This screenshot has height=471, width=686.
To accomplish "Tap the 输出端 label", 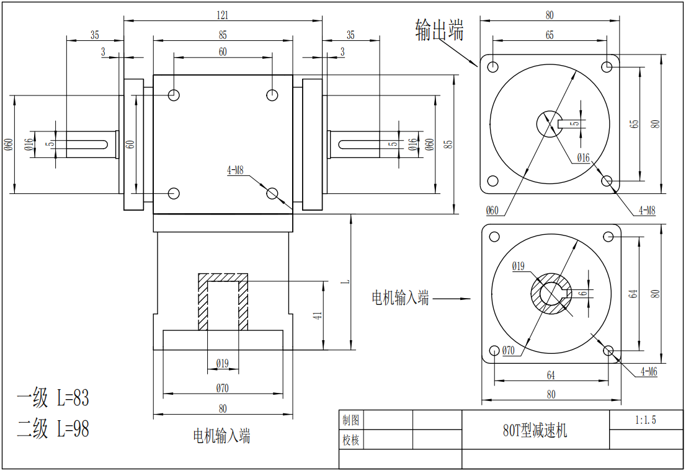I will pos(439,30).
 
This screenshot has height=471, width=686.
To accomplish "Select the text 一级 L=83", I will pos(53,398).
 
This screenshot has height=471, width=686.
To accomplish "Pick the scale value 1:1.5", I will pos(646,420).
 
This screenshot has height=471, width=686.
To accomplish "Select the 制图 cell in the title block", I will pos(351,420).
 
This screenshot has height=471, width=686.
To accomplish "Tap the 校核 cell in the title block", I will pos(351,440).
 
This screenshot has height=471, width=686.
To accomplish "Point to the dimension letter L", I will pos(346,280).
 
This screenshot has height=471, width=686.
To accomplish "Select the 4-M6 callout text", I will pos(648,372).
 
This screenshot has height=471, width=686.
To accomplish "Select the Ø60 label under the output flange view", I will pos(491,210).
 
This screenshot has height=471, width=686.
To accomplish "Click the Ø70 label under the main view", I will pos(223,389).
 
